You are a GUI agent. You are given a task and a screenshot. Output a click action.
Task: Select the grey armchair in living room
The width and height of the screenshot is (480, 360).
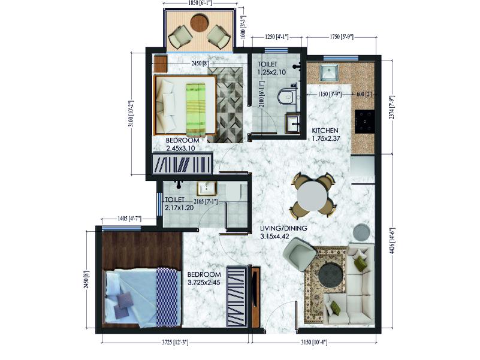pos(300,254)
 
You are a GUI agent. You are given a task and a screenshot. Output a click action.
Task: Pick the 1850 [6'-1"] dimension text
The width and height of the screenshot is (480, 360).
pos(200,3)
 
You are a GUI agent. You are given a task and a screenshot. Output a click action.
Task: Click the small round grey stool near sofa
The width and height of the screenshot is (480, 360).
pos(361,231)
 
